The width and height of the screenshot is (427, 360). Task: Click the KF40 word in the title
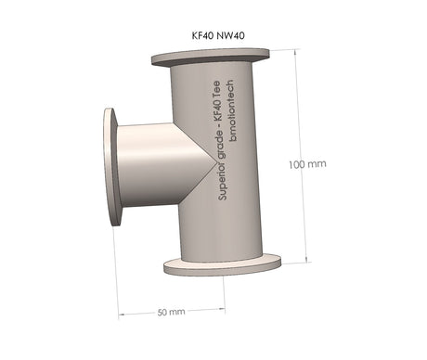pos(202,35)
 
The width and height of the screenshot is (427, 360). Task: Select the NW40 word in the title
pos(230,35)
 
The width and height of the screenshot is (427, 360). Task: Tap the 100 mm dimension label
pos(307,164)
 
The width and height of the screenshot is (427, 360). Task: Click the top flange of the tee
pos(211,58)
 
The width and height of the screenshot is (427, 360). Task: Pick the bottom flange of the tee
pos(223,265)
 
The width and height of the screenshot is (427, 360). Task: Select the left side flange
pos(112,167)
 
